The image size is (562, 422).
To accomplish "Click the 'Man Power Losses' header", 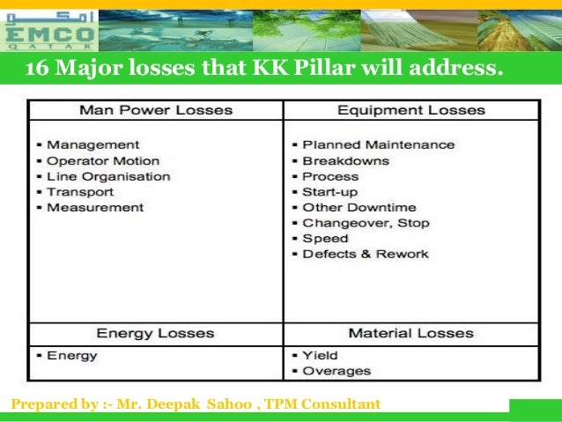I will point(156,110).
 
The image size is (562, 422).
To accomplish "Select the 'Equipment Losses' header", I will point(411,110).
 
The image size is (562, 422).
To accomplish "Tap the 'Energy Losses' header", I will point(155,334).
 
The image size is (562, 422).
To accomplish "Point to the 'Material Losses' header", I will point(410,334).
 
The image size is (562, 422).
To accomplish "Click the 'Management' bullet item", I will point(92,144).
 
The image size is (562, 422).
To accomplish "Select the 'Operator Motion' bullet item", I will point(103,160).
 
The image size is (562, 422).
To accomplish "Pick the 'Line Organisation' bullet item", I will point(108,176).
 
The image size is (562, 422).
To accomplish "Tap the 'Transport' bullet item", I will point(80,192).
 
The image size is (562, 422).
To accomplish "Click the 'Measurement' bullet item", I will point(95,208).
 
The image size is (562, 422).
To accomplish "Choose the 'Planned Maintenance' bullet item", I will point(378,144).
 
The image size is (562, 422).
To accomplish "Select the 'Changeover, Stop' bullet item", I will point(366,223).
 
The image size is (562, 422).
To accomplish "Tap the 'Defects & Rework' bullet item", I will point(365,255).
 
